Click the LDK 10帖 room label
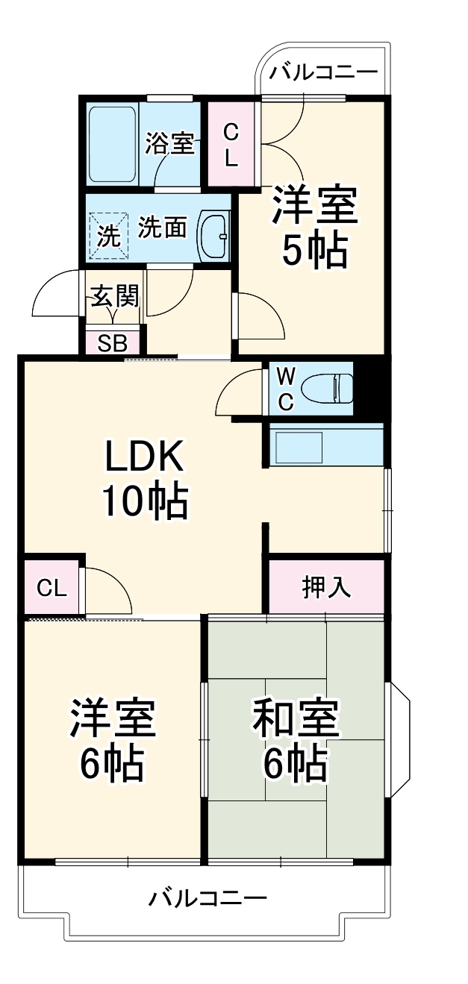pyautogui.click(x=144, y=479)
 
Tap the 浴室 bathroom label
pyautogui.click(x=170, y=142)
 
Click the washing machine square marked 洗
pyautogui.click(x=109, y=236)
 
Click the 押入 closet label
pyautogui.click(x=326, y=587)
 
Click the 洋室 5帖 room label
pyautogui.click(x=314, y=228)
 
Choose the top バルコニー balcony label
pyautogui.click(x=324, y=73)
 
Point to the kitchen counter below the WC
pyautogui.click(x=325, y=446)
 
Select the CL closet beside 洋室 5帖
pyautogui.click(x=231, y=145)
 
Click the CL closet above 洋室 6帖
pyautogui.click(x=52, y=587)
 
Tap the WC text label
pyautogui.click(x=286, y=387)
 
